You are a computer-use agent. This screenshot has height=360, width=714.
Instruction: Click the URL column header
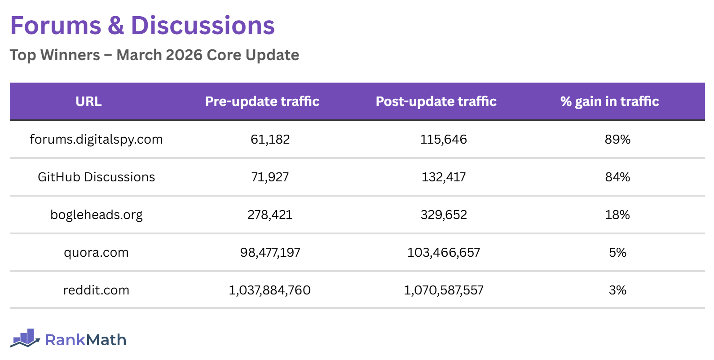pos(88,101)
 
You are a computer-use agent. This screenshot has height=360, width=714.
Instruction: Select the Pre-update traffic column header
pos(262,101)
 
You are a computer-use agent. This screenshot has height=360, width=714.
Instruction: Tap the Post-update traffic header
pos(436,101)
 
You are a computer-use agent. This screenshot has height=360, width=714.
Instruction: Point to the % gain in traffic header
pos(609,101)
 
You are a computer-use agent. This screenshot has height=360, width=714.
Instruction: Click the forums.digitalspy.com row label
pos(96,139)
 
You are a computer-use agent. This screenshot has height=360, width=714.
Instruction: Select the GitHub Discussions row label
pos(96,177)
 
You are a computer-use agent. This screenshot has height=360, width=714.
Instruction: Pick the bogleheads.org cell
pos(96,215)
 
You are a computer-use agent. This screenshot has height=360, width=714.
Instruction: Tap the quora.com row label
pos(96,252)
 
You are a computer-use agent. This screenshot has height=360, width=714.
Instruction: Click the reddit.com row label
pos(96,290)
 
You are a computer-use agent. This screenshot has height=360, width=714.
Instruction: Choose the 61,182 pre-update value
pos(270,139)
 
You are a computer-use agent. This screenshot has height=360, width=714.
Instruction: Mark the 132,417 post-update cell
pos(444,177)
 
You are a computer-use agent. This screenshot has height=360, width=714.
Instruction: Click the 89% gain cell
pos(617,139)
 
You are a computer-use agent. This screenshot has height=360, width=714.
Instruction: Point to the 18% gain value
pos(617,215)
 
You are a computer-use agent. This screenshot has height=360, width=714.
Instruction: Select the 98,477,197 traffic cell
pos(270,252)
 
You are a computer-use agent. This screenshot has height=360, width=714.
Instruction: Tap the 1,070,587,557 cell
pos(444,290)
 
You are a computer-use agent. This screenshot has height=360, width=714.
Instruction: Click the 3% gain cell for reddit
pos(617,290)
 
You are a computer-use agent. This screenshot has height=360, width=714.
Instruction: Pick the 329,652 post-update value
pos(444,215)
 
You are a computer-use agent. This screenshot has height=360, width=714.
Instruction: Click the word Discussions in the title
pos(203,26)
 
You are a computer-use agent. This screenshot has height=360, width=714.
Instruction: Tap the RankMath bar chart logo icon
pos(25,338)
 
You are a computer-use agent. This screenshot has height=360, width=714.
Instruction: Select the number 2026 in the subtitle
pos(184,55)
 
